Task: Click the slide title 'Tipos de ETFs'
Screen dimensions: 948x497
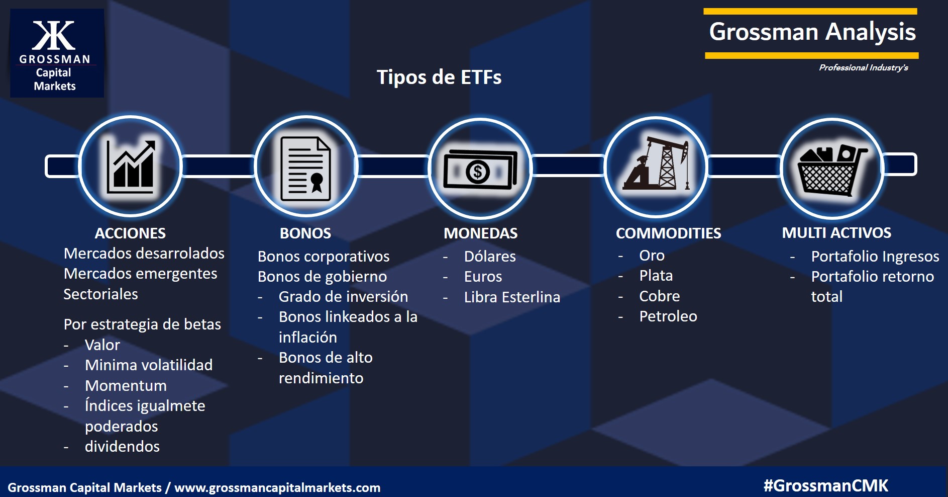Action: point(439,77)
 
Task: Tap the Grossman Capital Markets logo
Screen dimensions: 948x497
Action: point(57,53)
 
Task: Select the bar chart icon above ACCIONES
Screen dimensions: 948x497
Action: point(131,167)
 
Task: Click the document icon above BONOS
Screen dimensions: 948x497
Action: point(305,169)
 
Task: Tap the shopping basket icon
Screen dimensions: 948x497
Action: point(832,170)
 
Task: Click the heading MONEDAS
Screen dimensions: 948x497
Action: point(480,233)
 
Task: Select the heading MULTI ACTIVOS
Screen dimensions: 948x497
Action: point(836,233)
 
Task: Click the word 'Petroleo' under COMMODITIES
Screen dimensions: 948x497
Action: point(668,316)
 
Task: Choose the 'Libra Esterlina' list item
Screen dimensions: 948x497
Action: point(512,297)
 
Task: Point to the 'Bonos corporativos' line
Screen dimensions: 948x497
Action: point(324,257)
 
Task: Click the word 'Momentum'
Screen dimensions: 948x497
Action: point(126,386)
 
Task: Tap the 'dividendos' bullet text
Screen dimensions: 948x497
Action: point(122,447)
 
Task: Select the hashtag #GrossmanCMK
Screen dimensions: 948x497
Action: point(826,485)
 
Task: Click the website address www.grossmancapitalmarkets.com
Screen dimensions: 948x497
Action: point(277,487)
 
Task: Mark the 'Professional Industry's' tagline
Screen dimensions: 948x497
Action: point(864,67)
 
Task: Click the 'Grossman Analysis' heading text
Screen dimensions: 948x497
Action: point(812,32)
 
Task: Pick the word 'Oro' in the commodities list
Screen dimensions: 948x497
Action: point(652,256)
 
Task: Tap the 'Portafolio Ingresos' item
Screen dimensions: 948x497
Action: point(875,257)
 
